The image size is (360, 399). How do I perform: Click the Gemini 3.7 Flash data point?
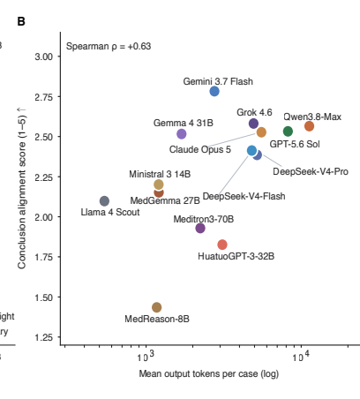click(x=214, y=91)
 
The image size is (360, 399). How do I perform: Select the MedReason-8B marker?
click(x=157, y=307)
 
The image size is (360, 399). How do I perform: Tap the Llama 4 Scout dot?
click(x=104, y=201)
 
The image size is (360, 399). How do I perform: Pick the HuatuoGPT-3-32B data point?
click(x=222, y=245)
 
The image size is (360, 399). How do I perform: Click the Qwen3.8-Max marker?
click(x=309, y=126)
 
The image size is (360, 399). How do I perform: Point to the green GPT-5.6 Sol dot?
click(x=288, y=132)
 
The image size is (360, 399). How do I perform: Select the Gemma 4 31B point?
click(x=182, y=134)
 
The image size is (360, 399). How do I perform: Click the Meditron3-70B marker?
click(x=200, y=228)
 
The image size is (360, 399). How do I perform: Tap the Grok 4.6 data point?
click(x=253, y=124)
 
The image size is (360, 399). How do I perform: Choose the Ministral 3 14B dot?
click(x=159, y=184)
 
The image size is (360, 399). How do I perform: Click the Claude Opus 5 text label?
click(x=200, y=149)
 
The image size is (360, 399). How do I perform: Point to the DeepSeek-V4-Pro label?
click(x=311, y=171)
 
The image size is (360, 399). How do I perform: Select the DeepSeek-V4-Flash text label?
click(x=244, y=196)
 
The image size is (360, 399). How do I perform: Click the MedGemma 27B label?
click(x=165, y=200)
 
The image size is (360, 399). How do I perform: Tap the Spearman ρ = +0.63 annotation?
click(x=109, y=46)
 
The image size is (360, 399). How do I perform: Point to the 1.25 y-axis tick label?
click(x=44, y=337)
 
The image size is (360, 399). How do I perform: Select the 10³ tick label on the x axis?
click(x=146, y=356)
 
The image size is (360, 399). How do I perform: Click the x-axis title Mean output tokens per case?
click(x=199, y=373)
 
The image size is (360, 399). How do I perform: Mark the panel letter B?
click(x=21, y=21)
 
